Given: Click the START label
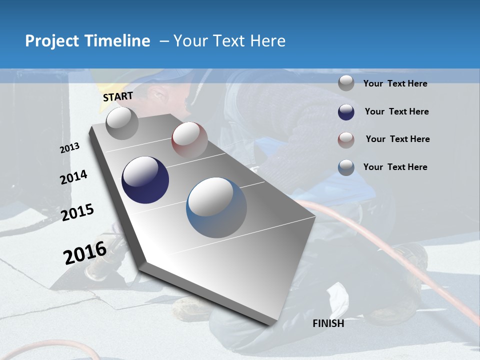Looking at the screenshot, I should coord(118,96).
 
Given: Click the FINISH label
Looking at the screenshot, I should coord(328,323).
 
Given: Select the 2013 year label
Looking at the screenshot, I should coord(69,148).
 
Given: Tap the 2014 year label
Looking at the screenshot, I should coord(73,177).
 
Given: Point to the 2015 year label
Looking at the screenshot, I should coord(77,212).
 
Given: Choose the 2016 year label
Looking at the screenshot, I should coord(85,252).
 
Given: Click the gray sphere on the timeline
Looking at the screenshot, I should coord(122,123).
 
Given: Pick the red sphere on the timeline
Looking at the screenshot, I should coord(189,140).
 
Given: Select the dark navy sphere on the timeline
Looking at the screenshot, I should coord(145,180).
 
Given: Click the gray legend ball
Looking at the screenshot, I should coord(346,83).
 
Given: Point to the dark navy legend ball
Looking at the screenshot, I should coord(346,112).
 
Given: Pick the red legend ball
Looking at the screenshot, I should coord(346,140).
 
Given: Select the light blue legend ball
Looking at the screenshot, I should coord(346,167).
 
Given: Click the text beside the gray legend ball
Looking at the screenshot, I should coord(395,83).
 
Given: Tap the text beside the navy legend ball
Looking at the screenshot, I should coord(396,111).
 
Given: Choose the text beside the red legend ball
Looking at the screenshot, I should coord(397,139).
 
